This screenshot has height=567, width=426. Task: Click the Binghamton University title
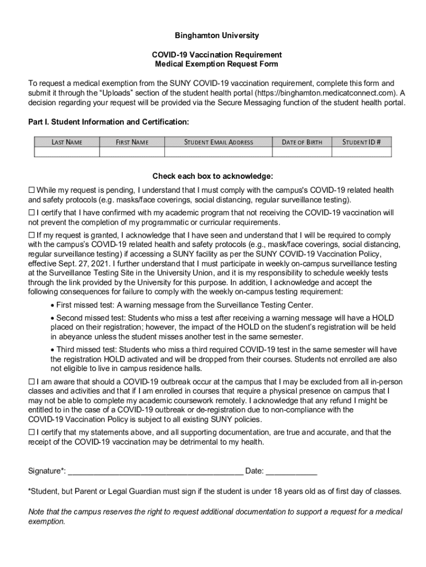pos(217,35)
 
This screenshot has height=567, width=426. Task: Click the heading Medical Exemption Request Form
pos(217,64)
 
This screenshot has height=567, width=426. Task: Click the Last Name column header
pos(67,142)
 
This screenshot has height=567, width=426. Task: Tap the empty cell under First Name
pos(132,152)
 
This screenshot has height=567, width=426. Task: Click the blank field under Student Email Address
pos(219,152)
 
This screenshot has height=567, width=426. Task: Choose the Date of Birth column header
pos(302,142)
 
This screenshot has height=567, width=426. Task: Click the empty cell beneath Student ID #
pos(361,152)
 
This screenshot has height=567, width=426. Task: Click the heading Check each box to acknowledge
pos(213,177)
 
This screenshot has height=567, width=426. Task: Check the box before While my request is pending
pos(32,190)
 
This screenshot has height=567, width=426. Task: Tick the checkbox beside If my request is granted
pos(32,235)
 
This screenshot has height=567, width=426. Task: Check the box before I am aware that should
pos(32,382)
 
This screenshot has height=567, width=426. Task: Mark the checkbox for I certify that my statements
pos(32,432)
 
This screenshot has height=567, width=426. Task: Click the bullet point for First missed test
pos(53,305)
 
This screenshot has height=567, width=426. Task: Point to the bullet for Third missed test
pos(53,350)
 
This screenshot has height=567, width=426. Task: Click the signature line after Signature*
pos(155,472)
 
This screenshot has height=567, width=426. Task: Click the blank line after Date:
pos(292,472)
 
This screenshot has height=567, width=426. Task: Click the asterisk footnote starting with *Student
pos(215,492)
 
